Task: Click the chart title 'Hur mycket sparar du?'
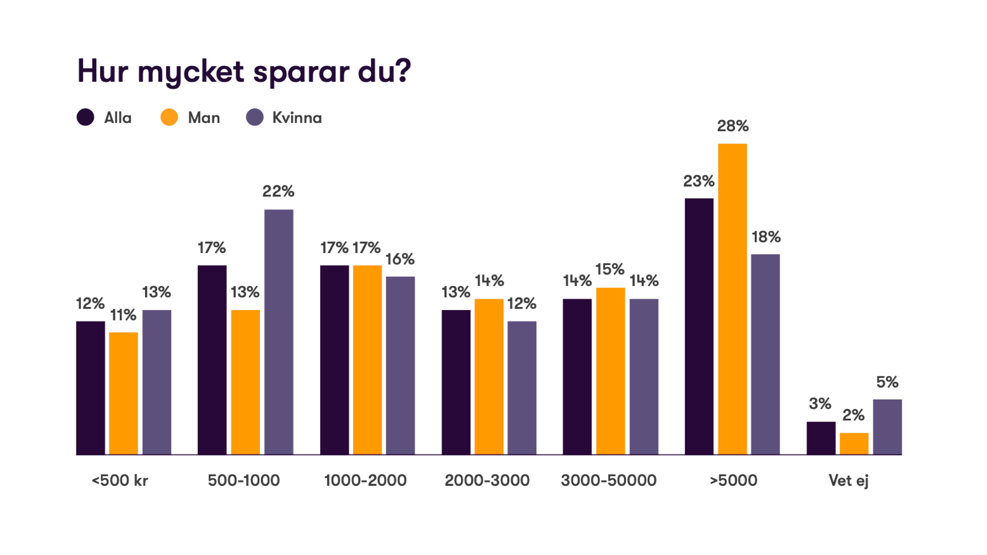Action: tap(244, 72)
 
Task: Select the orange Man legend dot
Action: tap(169, 117)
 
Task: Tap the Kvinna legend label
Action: tap(297, 118)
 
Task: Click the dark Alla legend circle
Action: tap(85, 117)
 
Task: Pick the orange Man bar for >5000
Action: tap(732, 299)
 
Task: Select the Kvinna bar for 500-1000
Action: tap(279, 332)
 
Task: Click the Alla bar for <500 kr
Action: tap(90, 388)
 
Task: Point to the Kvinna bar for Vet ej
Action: tap(887, 427)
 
